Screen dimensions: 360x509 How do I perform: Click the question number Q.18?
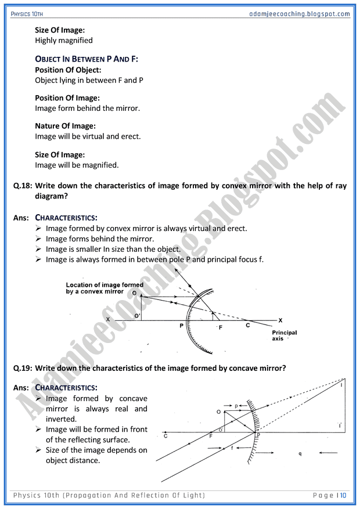23,186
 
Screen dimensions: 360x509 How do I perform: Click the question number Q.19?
23,368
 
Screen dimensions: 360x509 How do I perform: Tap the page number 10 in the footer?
343,495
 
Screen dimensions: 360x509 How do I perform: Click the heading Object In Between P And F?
87,59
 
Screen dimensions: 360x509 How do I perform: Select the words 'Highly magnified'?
64,41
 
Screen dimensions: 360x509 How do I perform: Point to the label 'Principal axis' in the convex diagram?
285,335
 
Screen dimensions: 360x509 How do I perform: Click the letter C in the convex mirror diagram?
248,326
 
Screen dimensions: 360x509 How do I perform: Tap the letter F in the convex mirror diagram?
220,328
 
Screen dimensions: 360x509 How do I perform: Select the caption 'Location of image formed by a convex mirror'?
105,288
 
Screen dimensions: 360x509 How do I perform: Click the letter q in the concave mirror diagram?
300,453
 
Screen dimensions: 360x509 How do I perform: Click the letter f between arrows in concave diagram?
233,448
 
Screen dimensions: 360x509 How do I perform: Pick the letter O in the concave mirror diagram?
218,411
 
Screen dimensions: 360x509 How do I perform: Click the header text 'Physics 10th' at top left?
28,13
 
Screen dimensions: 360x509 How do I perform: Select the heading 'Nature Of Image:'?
66,126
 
